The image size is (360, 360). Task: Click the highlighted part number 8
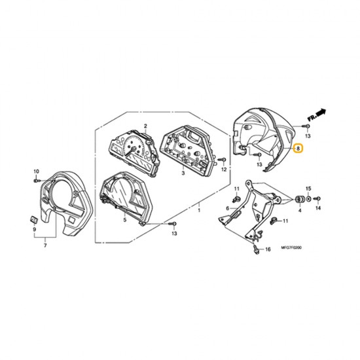pyautogui.click(x=298, y=149)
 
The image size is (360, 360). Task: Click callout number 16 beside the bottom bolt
pyautogui.click(x=267, y=250)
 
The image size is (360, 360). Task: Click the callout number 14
pyautogui.click(x=318, y=208)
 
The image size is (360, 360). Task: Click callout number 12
pyautogui.click(x=224, y=170)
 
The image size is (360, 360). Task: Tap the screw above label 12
pyautogui.click(x=223, y=159)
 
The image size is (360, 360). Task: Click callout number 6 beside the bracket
pyautogui.click(x=227, y=208)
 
